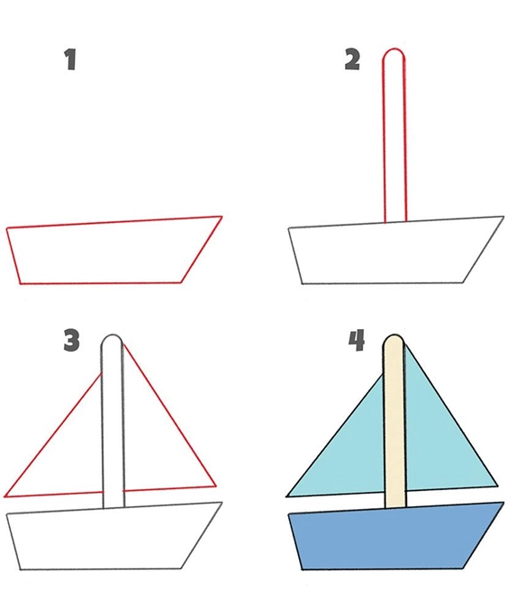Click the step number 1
click(70, 59)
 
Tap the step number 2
click(352, 59)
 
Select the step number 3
click(71, 341)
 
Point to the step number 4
click(357, 341)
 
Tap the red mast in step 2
click(394, 136)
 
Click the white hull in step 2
click(394, 253)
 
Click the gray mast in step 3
click(113, 422)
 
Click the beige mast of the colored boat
click(394, 422)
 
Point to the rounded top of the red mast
click(394, 49)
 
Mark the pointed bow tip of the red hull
click(222, 217)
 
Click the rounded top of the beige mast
click(394, 335)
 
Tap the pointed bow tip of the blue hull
click(503, 502)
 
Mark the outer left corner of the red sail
click(5, 496)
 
